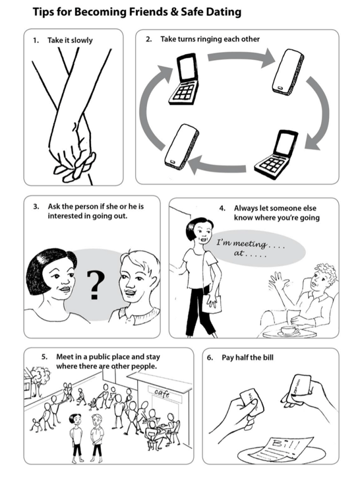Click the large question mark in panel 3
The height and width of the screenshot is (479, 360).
tap(95, 285)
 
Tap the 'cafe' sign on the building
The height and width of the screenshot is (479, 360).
tap(162, 393)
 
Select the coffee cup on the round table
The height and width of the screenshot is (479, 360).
tap(289, 331)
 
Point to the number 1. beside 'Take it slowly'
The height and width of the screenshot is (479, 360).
tap(36, 40)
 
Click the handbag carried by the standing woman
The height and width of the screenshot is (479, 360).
tap(213, 303)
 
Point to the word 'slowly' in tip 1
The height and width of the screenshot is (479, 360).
tap(82, 40)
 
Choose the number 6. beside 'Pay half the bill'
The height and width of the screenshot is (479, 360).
tap(210, 358)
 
